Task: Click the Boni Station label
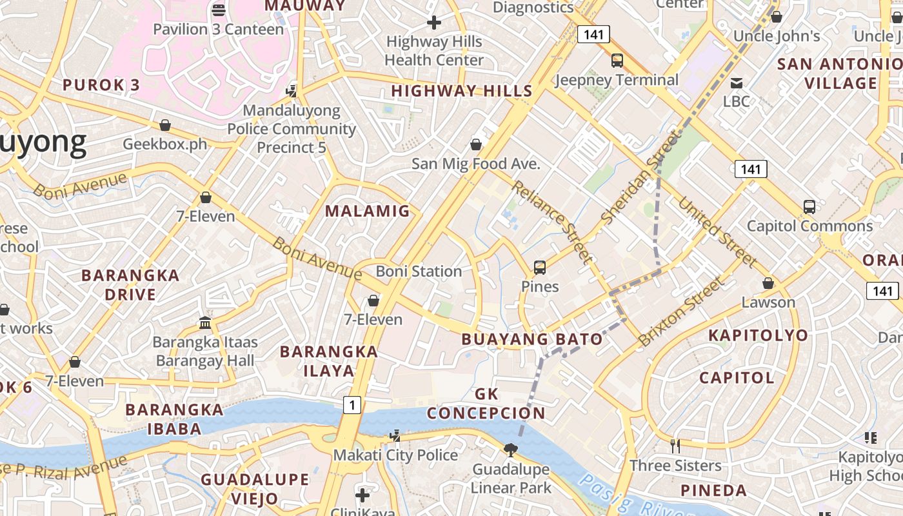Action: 419,272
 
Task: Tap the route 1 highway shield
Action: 352,405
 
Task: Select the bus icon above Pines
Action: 540,267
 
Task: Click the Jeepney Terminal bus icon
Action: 617,61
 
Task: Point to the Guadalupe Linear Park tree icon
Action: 511,450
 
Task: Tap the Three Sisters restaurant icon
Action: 675,446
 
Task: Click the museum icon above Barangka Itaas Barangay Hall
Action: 205,322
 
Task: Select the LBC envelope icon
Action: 736,83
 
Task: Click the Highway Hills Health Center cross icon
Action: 434,23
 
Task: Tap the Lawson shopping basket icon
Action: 768,283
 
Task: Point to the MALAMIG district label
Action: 367,211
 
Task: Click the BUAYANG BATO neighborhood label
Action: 532,339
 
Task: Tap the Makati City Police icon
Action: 395,437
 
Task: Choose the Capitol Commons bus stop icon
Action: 809,207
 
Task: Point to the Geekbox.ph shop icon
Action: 165,125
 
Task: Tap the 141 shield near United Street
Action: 750,169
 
